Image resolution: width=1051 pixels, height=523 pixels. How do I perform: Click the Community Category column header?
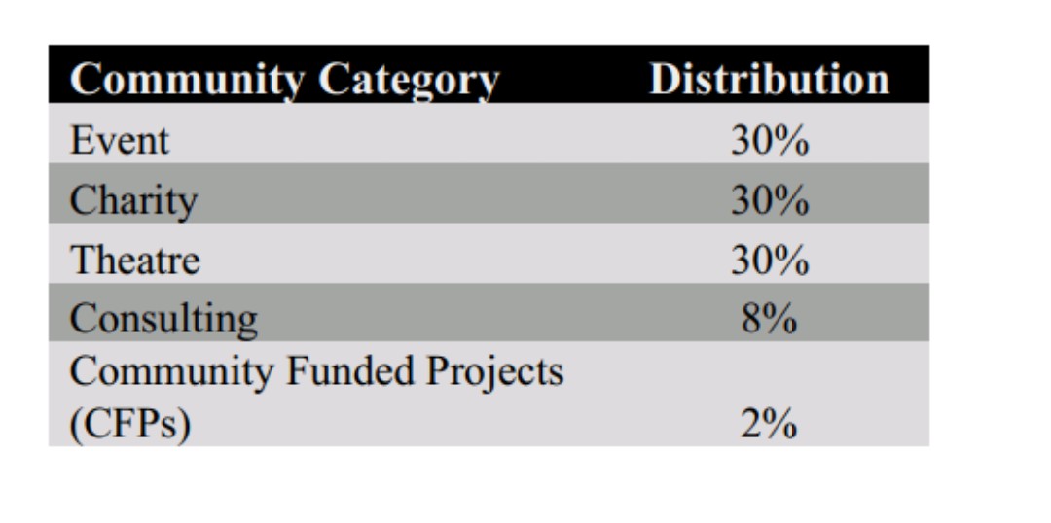coord(285,81)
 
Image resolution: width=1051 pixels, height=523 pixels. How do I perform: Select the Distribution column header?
coord(770,79)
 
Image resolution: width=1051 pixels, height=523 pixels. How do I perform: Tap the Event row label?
coord(120,141)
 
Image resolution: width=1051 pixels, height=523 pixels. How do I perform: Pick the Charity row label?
coord(133,201)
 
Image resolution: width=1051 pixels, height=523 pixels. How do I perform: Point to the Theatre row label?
coord(134,260)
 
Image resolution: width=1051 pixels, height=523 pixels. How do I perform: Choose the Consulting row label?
coord(163,320)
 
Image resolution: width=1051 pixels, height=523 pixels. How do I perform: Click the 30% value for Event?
coord(770,141)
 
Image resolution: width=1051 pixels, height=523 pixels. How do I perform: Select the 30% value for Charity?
coord(770,201)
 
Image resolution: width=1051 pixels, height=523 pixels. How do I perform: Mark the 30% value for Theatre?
coord(770,261)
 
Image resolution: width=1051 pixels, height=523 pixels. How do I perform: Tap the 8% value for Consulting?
coord(770,320)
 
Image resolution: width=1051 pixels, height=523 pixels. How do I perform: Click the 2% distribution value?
coord(770,425)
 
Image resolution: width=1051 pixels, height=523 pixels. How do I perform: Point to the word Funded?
coord(349,371)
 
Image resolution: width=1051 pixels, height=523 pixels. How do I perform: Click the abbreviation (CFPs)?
coord(130,426)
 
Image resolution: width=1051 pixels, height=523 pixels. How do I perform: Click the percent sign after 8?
coord(779,320)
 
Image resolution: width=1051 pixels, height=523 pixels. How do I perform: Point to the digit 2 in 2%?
coord(750,425)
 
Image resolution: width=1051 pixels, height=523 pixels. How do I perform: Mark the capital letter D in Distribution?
coord(664,79)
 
